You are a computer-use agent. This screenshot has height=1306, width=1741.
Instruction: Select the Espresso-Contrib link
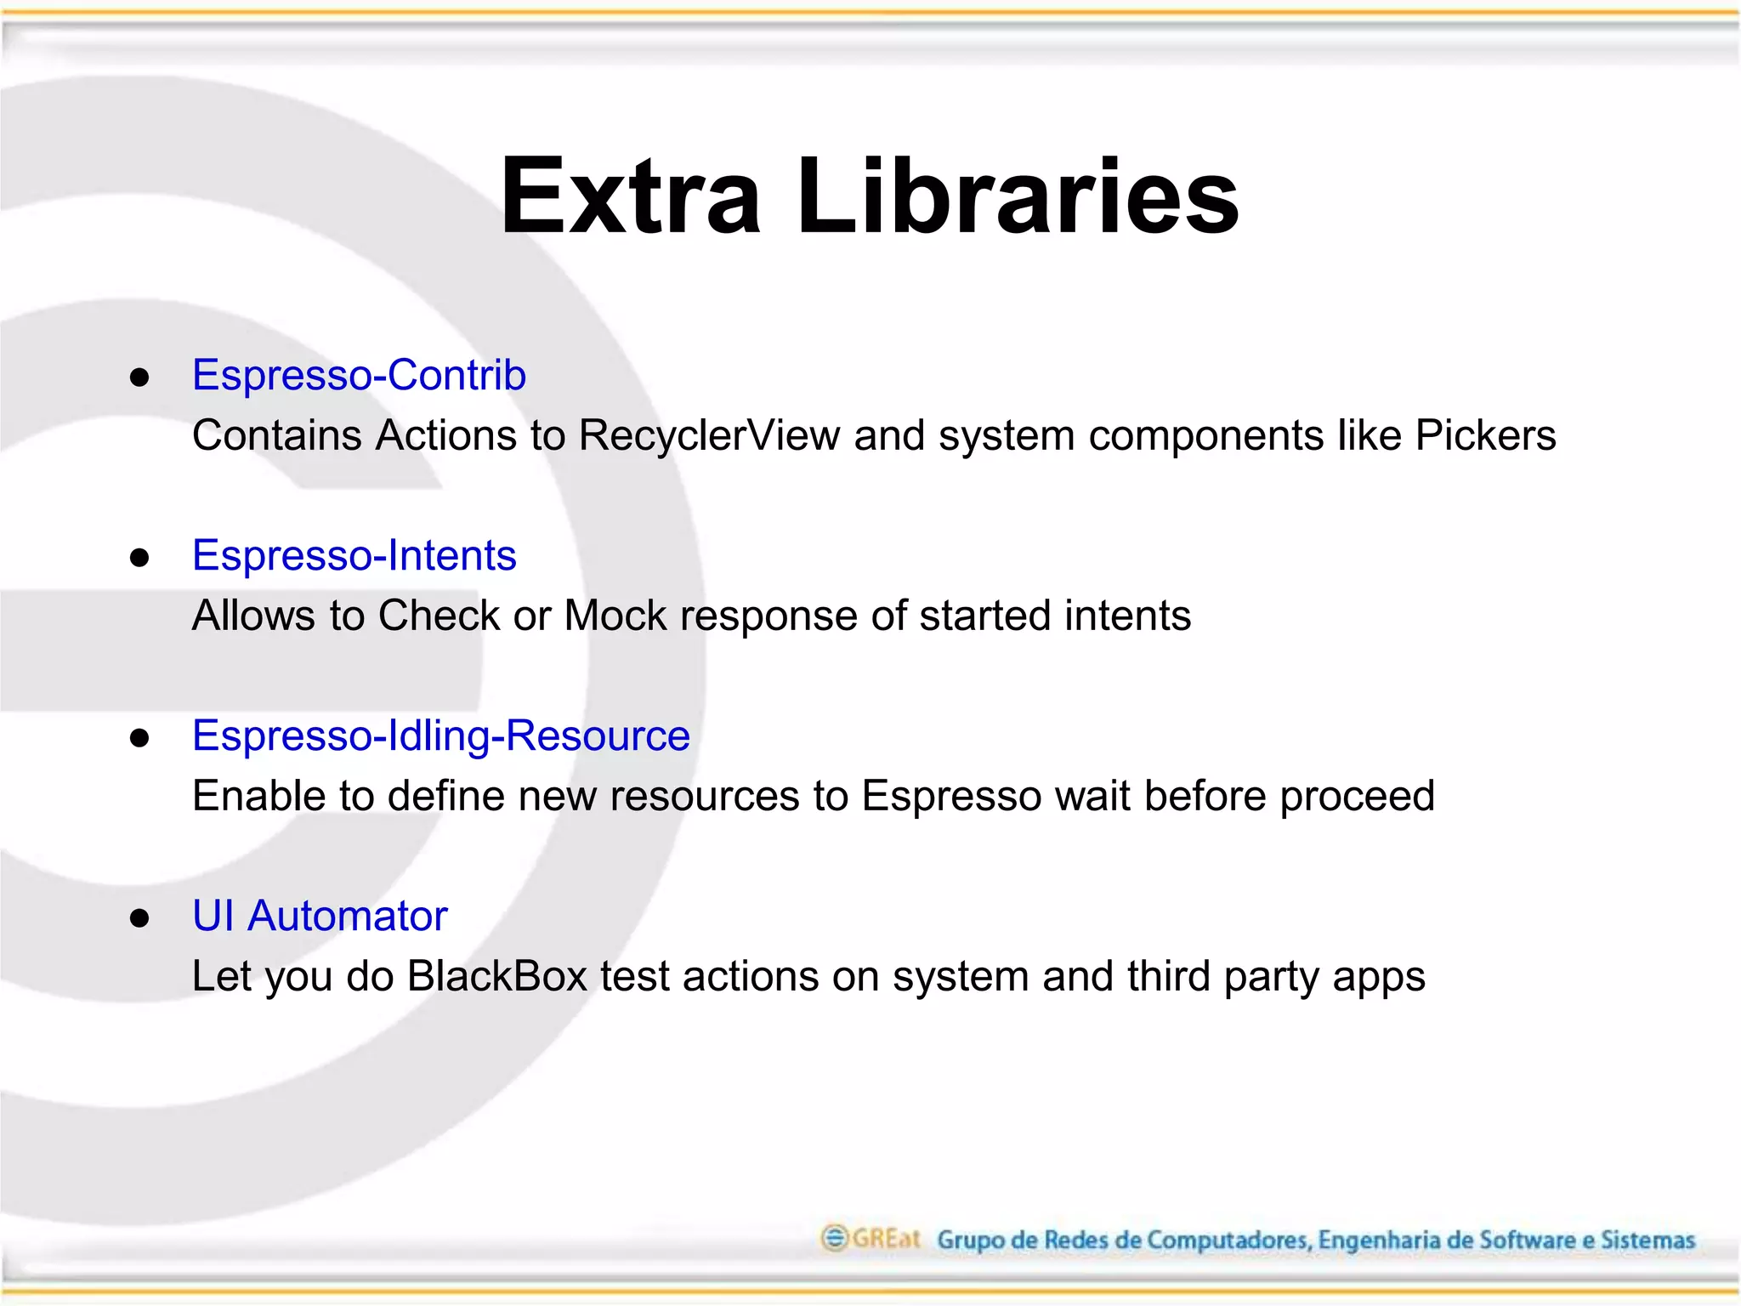pyautogui.click(x=359, y=375)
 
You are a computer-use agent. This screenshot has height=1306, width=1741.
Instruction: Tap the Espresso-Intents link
pyautogui.click(x=354, y=555)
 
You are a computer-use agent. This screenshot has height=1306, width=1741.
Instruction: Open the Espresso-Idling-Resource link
pyautogui.click(x=440, y=735)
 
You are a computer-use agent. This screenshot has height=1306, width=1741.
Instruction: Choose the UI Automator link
pyautogui.click(x=320, y=916)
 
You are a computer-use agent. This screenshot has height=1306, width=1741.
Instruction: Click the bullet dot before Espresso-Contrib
pyautogui.click(x=140, y=378)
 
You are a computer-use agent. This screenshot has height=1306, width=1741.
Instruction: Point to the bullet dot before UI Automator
pyautogui.click(x=140, y=918)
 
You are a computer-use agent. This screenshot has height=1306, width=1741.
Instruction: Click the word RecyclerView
pyautogui.click(x=709, y=435)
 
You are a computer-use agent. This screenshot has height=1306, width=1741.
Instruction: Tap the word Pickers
pyautogui.click(x=1485, y=435)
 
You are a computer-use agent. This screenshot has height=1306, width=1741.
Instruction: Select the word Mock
pyautogui.click(x=615, y=616)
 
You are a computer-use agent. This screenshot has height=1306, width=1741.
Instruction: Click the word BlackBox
pyautogui.click(x=496, y=976)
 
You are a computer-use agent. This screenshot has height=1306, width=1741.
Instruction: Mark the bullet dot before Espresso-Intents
pyautogui.click(x=140, y=558)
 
